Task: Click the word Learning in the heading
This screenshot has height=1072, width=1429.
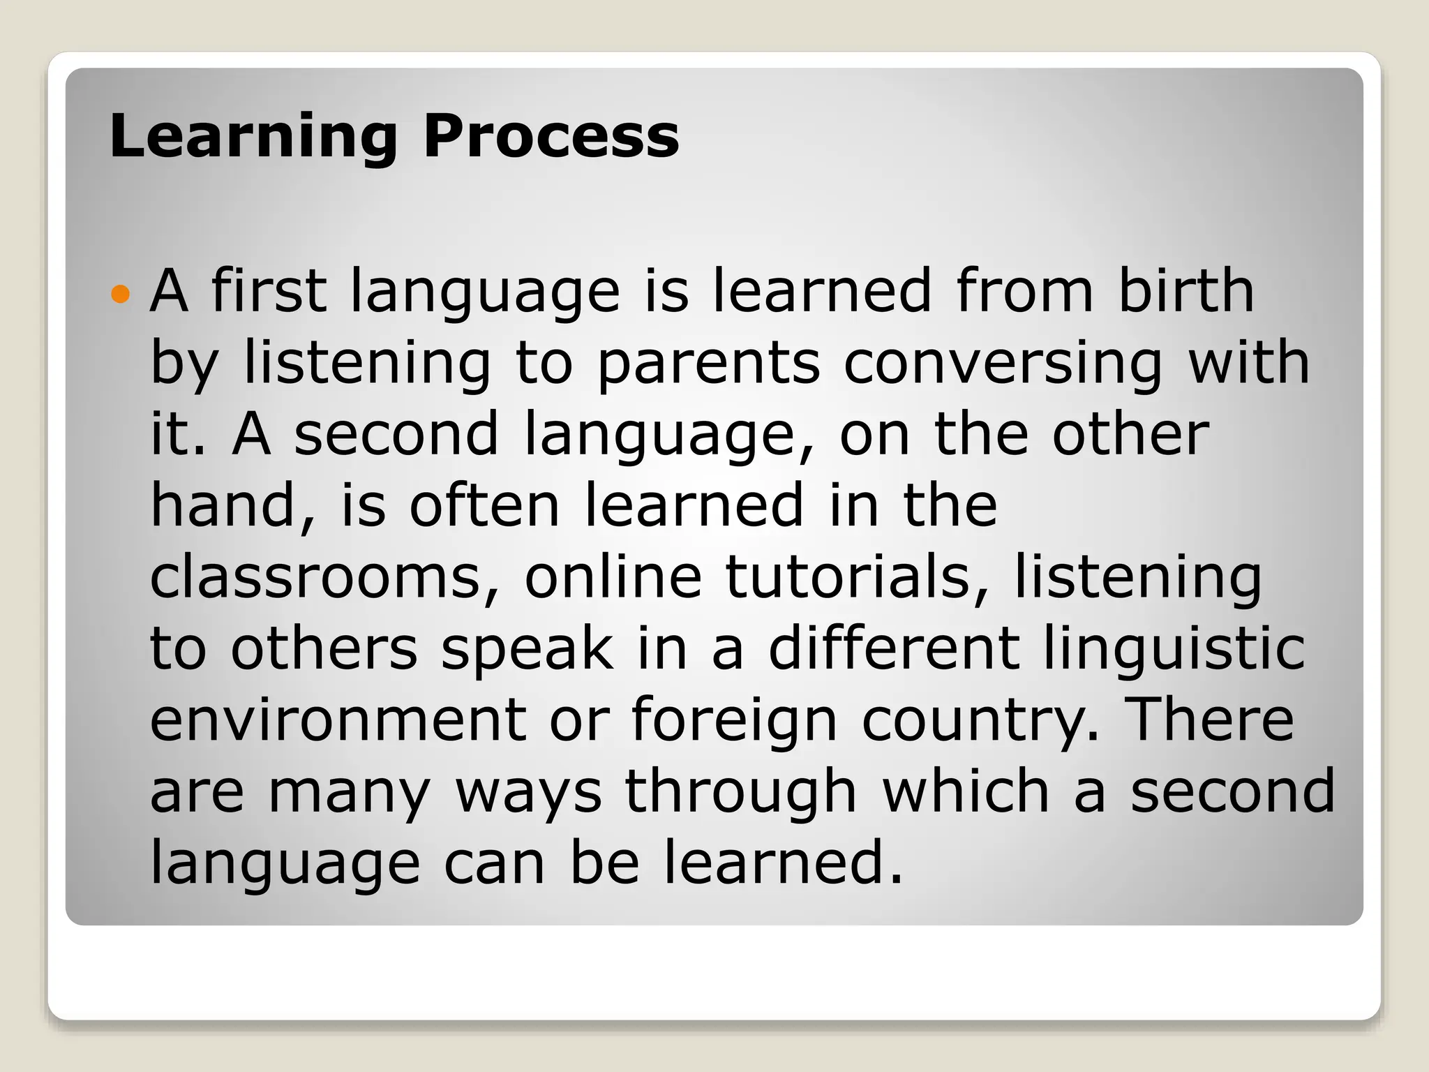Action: (x=253, y=137)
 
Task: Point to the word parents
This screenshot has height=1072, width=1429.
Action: (x=708, y=364)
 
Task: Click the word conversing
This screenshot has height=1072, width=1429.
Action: (x=1003, y=364)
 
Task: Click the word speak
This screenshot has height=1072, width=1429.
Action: (x=528, y=650)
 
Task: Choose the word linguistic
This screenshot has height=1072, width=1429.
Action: (x=1174, y=650)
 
